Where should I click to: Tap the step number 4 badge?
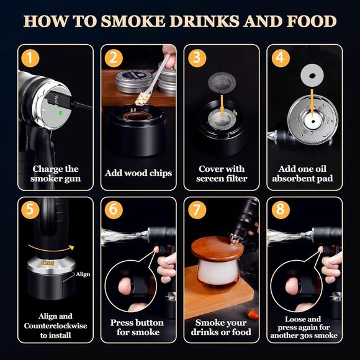click(279, 58)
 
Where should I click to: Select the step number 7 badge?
click(196, 210)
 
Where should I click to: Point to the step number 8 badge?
click(279, 210)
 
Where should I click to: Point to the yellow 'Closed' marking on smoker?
click(48, 263)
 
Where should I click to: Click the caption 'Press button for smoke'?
click(137, 327)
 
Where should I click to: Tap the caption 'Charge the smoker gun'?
click(55, 174)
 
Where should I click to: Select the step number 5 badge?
click(30, 210)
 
